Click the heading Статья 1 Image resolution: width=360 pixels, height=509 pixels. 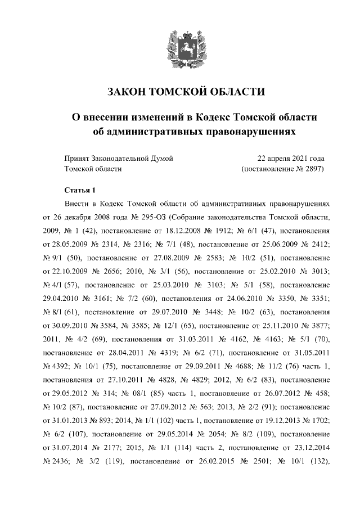point(81,188)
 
